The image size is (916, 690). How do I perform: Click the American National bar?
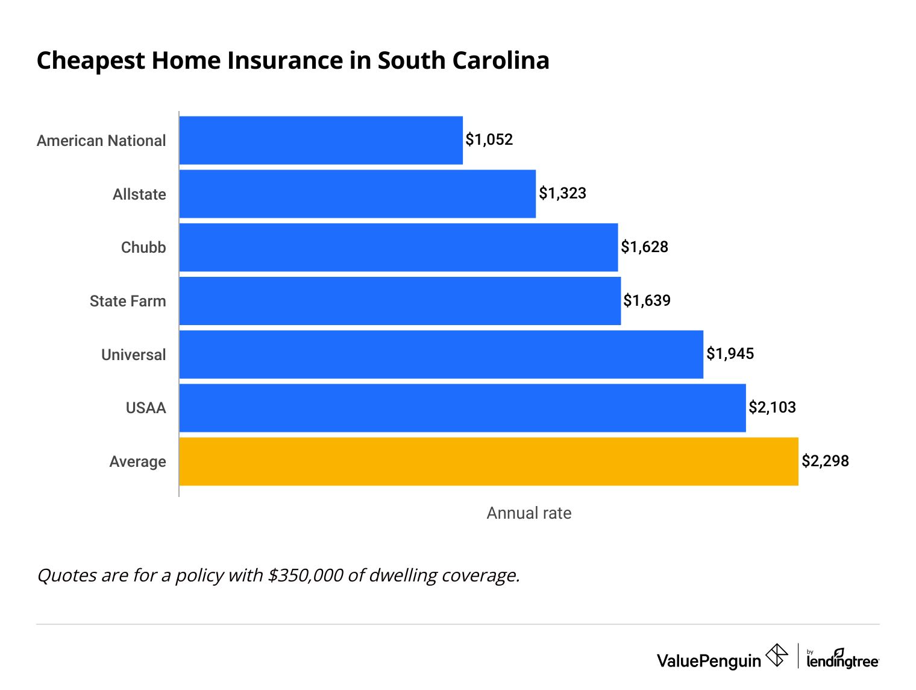point(321,140)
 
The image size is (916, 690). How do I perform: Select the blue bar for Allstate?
point(357,194)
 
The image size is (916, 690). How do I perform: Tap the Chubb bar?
point(398,247)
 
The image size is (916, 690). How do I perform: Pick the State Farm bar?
point(400,301)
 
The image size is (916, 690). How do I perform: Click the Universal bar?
point(441,355)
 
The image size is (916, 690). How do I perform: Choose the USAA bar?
point(462,408)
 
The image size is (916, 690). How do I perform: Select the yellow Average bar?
point(489,461)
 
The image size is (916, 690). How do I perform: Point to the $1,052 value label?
point(489,140)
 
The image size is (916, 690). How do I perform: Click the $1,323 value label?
point(562,194)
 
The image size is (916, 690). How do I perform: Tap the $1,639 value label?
point(647,300)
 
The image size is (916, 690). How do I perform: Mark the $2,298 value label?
point(825,461)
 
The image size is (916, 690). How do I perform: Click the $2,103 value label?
point(772,408)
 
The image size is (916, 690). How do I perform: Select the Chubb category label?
point(143,248)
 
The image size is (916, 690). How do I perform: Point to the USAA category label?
point(146,408)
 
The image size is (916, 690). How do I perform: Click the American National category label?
point(101,141)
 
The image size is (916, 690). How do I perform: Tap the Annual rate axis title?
point(529,513)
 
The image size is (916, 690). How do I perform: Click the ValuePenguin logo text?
point(709,661)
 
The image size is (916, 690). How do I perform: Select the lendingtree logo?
point(842,659)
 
